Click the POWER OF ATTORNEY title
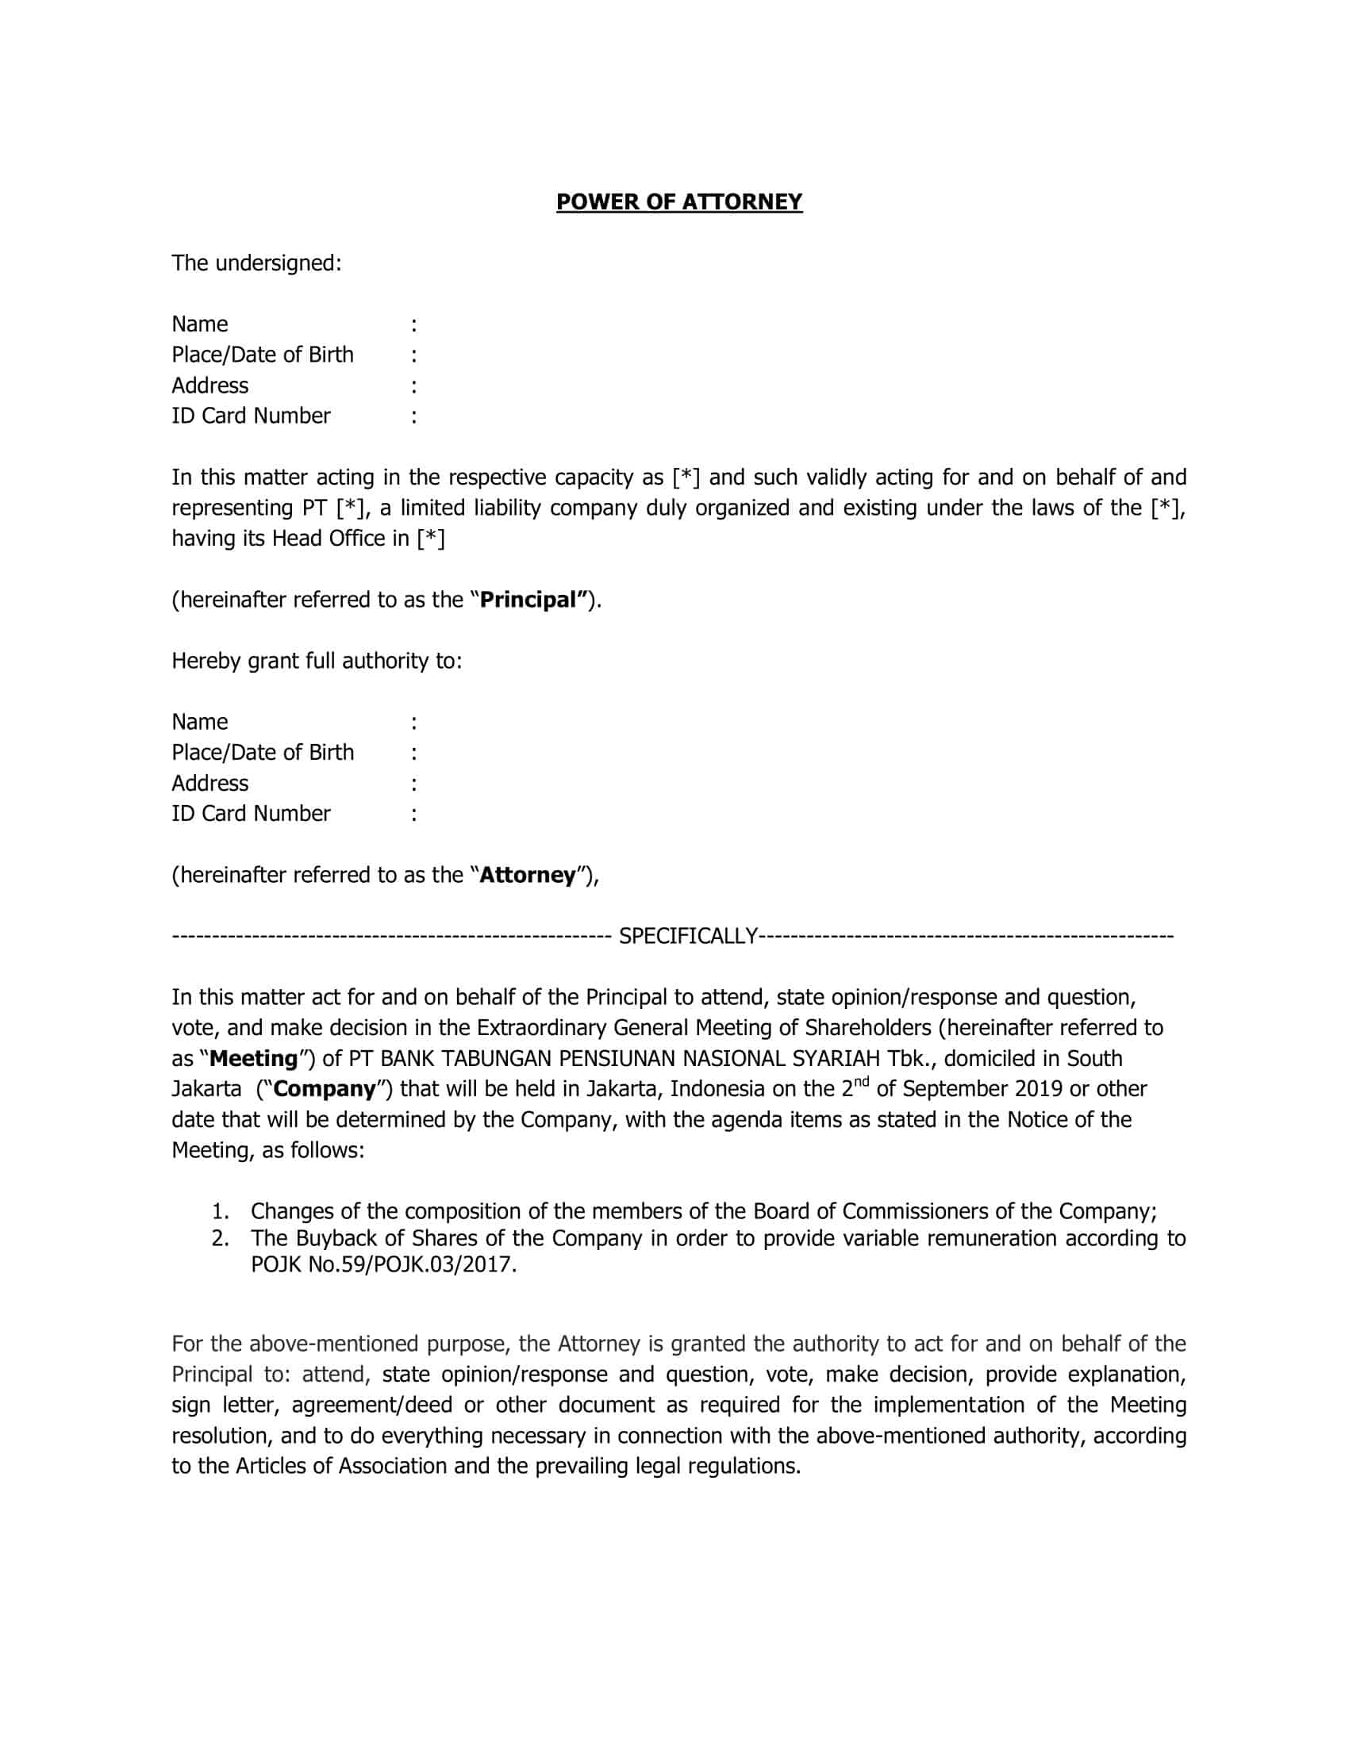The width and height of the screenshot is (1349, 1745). (x=678, y=202)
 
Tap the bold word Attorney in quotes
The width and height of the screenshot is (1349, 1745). (x=528, y=875)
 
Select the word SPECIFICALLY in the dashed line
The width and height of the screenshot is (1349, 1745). (x=688, y=936)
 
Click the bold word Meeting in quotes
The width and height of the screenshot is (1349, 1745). (x=253, y=1059)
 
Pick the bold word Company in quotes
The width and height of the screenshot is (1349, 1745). (x=325, y=1090)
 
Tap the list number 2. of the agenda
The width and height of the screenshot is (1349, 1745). (x=221, y=1238)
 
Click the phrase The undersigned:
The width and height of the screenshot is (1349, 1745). (x=256, y=263)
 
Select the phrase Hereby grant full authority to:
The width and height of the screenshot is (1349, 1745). (x=317, y=661)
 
